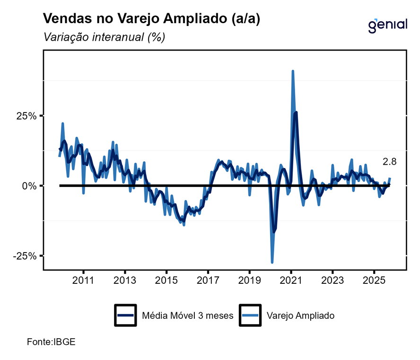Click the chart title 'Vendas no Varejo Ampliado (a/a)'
point(151,18)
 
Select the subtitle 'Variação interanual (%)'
point(104,37)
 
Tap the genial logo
point(387,24)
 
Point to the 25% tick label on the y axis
point(26,116)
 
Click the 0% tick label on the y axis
point(29,186)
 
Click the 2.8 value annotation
point(389,162)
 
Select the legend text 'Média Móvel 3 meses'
point(188,316)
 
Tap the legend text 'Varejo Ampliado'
point(301,316)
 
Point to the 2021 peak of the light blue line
point(293,71)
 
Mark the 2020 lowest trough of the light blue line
point(272,262)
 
